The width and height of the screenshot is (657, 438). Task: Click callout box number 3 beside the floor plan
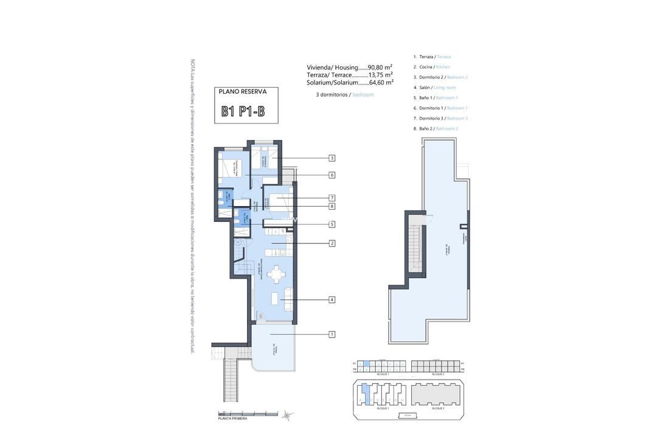(x=332, y=158)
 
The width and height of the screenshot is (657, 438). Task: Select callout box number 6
(x=332, y=175)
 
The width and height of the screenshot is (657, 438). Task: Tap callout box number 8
(x=332, y=206)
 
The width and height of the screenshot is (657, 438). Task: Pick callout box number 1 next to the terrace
(x=332, y=334)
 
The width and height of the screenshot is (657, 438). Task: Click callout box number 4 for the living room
(x=332, y=299)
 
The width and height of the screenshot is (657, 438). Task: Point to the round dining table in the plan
(x=277, y=275)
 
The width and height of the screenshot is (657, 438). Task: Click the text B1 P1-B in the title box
(x=243, y=111)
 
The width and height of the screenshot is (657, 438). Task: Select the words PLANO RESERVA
(x=243, y=92)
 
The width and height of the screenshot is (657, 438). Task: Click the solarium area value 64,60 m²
(x=381, y=82)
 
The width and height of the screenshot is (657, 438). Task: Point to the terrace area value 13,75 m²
(x=381, y=75)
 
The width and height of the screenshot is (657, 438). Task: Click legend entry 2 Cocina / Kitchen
(x=432, y=67)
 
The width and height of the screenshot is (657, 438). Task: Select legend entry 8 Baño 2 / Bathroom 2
(x=436, y=129)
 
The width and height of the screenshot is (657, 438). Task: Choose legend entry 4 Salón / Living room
(x=435, y=88)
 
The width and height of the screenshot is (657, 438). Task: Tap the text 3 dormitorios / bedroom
(x=345, y=95)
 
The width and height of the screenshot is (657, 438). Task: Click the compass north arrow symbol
(x=286, y=415)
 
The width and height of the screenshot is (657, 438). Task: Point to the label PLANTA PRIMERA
(x=232, y=419)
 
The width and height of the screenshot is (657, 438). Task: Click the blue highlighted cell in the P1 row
(x=366, y=363)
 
